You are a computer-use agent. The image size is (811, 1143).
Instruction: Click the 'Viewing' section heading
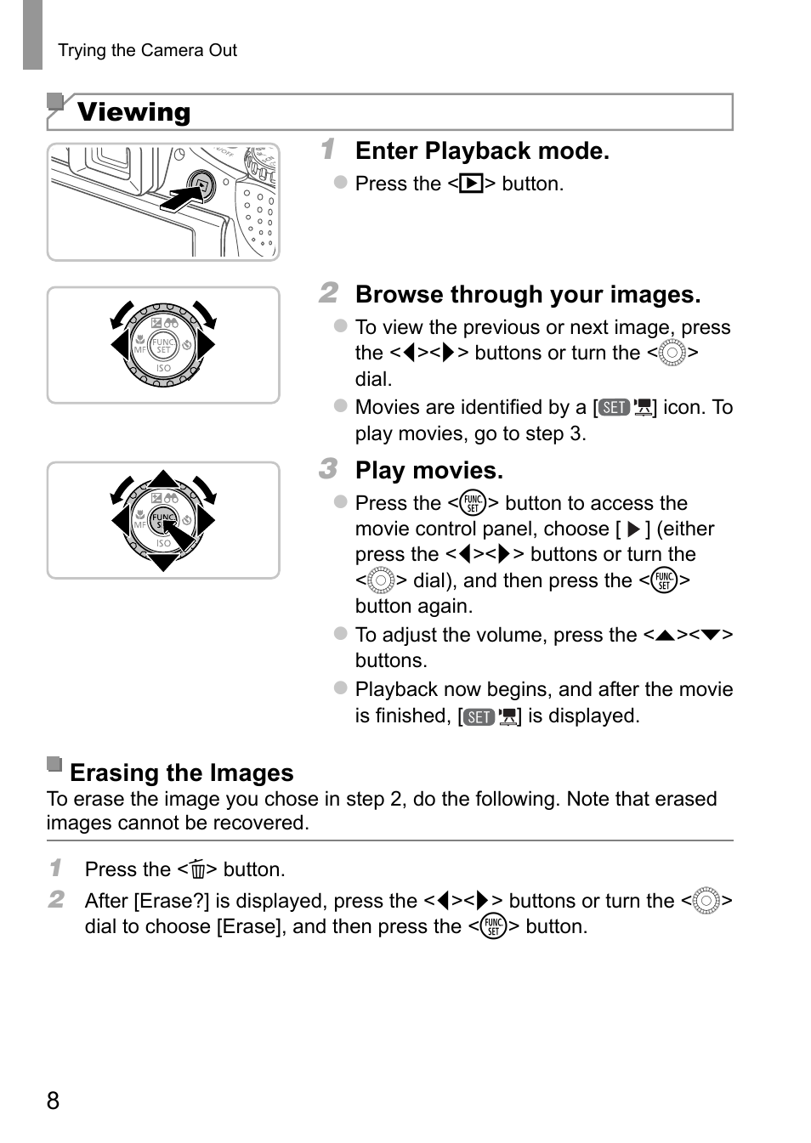tap(133, 112)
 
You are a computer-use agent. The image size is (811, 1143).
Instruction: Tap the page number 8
tap(54, 1101)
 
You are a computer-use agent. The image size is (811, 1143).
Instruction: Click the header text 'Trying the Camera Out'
tap(147, 50)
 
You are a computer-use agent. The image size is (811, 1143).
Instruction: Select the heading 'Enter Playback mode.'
tap(482, 151)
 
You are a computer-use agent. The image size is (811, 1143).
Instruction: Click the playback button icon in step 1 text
tap(471, 184)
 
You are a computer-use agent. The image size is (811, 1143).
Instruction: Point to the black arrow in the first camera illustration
tap(180, 199)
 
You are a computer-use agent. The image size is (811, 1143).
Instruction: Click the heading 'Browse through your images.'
tap(527, 295)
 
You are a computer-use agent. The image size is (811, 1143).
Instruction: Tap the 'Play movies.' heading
tap(428, 471)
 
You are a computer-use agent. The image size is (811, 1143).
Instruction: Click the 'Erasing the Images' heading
tap(181, 772)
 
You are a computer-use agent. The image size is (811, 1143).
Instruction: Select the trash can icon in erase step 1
tap(198, 870)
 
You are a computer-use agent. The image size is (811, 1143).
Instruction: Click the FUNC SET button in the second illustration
tap(163, 346)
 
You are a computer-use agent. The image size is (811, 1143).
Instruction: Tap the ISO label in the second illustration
tap(163, 369)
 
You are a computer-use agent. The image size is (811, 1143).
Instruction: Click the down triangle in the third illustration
tap(163, 562)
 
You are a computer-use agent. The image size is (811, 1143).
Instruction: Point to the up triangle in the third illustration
tap(163, 479)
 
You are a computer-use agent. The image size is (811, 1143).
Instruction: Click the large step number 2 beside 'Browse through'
tap(328, 293)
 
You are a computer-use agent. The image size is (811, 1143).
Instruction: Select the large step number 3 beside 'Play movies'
tap(328, 469)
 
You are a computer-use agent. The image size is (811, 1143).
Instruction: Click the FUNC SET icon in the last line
tap(493, 926)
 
